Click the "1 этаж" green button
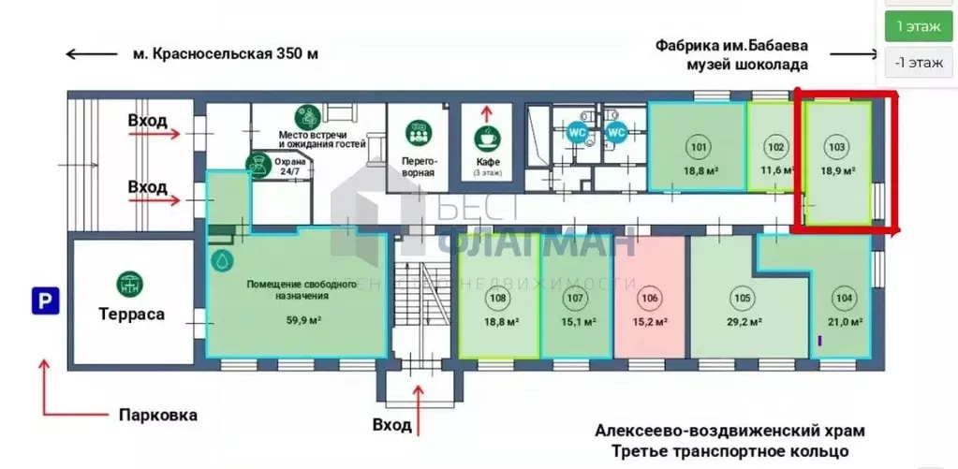pyautogui.click(x=918, y=26)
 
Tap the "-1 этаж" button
pyautogui.click(x=918, y=63)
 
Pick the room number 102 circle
pyautogui.click(x=775, y=147)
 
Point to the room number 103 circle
pyautogui.click(x=836, y=147)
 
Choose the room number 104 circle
pyautogui.click(x=845, y=299)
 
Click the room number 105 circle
pyautogui.click(x=742, y=299)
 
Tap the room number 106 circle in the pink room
pyautogui.click(x=650, y=299)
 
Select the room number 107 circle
pyautogui.click(x=575, y=299)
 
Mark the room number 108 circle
pyautogui.click(x=498, y=299)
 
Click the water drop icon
pyautogui.click(x=223, y=259)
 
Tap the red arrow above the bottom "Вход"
pyautogui.click(x=419, y=390)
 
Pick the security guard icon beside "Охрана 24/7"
pyautogui.click(x=254, y=165)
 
